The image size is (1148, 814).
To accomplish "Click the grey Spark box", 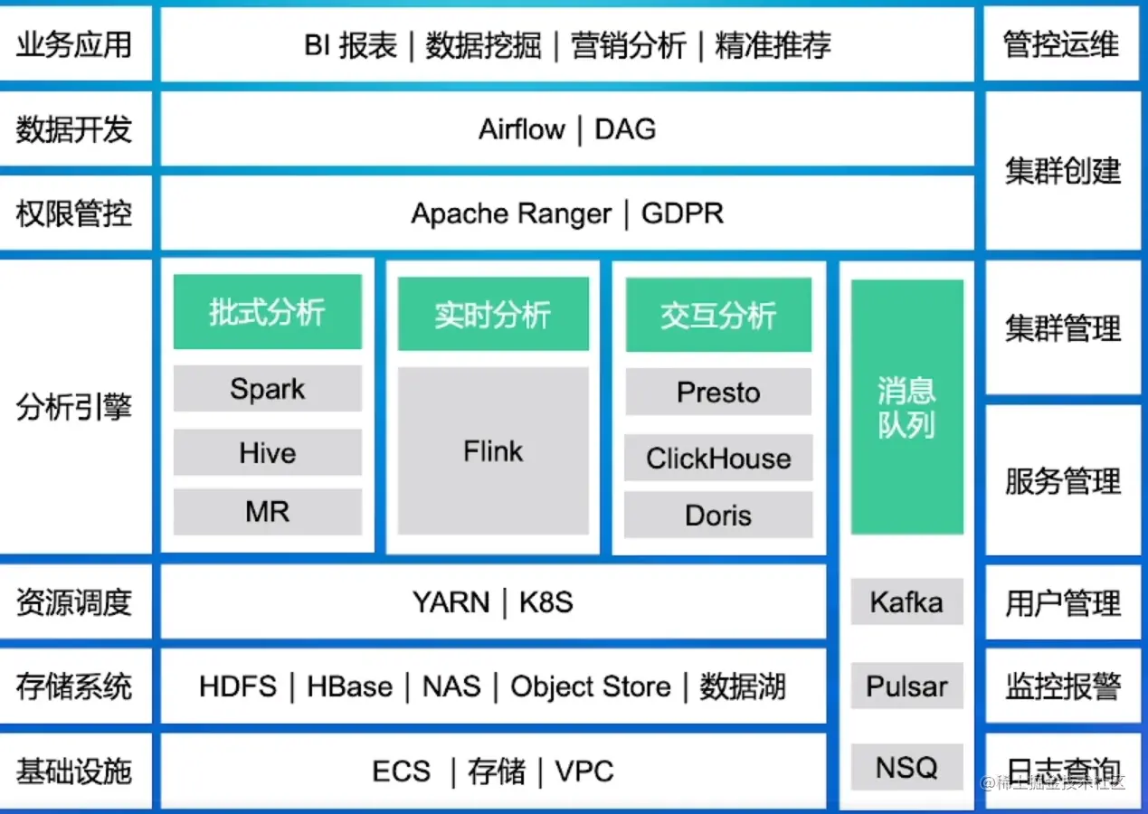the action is tap(267, 389).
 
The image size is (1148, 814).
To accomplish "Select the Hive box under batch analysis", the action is tap(267, 452).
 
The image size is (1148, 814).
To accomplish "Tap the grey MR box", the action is tap(267, 512).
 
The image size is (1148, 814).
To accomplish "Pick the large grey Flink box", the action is tap(493, 450).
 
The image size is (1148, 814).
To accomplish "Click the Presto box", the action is tap(718, 393).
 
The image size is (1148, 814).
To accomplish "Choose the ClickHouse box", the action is tap(718, 458).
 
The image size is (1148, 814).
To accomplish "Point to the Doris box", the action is tap(718, 516).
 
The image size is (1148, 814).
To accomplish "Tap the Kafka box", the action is tap(906, 602).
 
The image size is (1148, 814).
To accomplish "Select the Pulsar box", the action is tap(906, 686).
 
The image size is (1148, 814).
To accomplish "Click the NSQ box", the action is tap(906, 767).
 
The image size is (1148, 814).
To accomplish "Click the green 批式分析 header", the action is tap(267, 313).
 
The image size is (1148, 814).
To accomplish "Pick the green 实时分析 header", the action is tap(493, 314).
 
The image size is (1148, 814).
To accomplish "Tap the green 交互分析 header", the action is tap(718, 315).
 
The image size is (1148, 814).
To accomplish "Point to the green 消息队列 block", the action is tap(906, 407).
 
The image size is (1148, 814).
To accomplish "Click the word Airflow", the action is tap(522, 129).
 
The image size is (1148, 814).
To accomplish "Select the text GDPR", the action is tap(682, 214).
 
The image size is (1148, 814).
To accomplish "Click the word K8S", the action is tap(546, 602).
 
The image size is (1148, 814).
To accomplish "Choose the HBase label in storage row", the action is tap(349, 686).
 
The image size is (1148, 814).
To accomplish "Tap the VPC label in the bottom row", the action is tap(584, 771).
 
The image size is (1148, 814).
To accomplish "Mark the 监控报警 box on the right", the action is tap(1063, 686).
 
